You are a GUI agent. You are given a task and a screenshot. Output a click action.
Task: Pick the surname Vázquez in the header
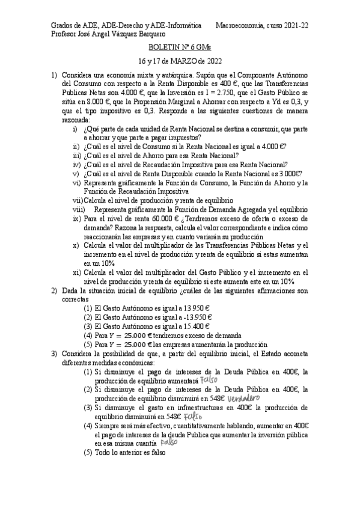[x=124, y=35]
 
